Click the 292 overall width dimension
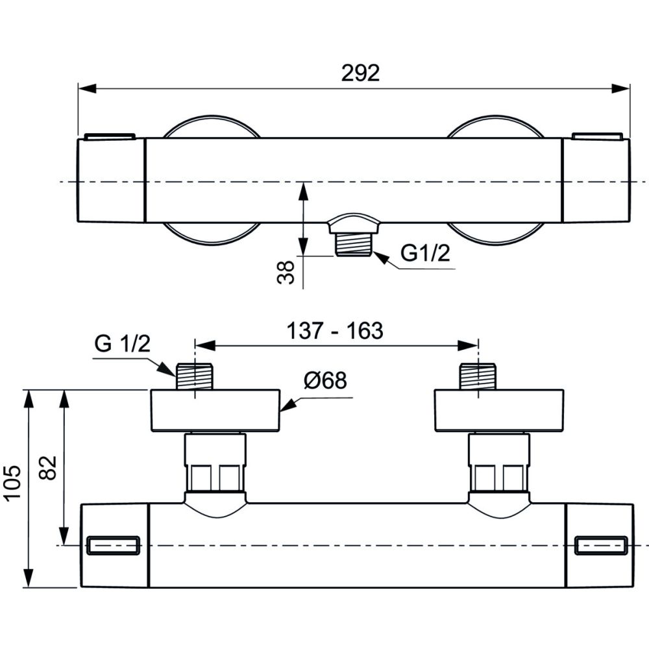click(x=360, y=73)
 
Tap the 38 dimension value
click(x=286, y=272)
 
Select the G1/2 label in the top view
click(x=425, y=252)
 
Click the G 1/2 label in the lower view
click(x=123, y=343)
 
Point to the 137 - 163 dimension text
click(x=335, y=331)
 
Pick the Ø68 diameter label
click(x=325, y=380)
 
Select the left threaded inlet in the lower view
click(x=195, y=376)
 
